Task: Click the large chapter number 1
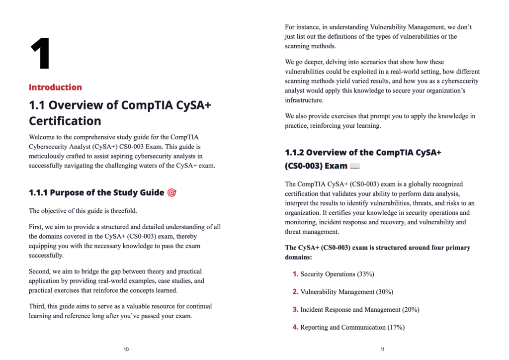click(x=40, y=54)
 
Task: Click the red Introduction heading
click(x=55, y=88)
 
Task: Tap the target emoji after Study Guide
click(x=171, y=192)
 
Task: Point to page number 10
click(x=126, y=350)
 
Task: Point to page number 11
click(x=382, y=350)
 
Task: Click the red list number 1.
click(x=295, y=274)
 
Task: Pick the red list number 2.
click(x=295, y=292)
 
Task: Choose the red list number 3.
click(x=295, y=309)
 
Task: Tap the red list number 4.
click(x=295, y=327)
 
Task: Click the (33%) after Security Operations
click(x=365, y=274)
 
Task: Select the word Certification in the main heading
click(x=65, y=121)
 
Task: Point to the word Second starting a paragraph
click(x=40, y=271)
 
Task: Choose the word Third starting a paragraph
click(x=38, y=306)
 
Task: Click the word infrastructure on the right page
click(x=303, y=100)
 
